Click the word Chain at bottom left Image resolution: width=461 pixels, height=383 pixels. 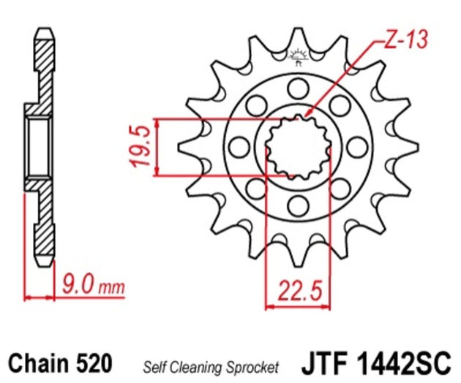click(37, 363)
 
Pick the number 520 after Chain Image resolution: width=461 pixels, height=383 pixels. click(93, 363)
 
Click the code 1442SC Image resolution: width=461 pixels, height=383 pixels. click(412, 363)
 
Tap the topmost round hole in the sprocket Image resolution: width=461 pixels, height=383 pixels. click(297, 89)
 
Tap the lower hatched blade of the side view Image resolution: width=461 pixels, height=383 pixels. click(43, 227)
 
